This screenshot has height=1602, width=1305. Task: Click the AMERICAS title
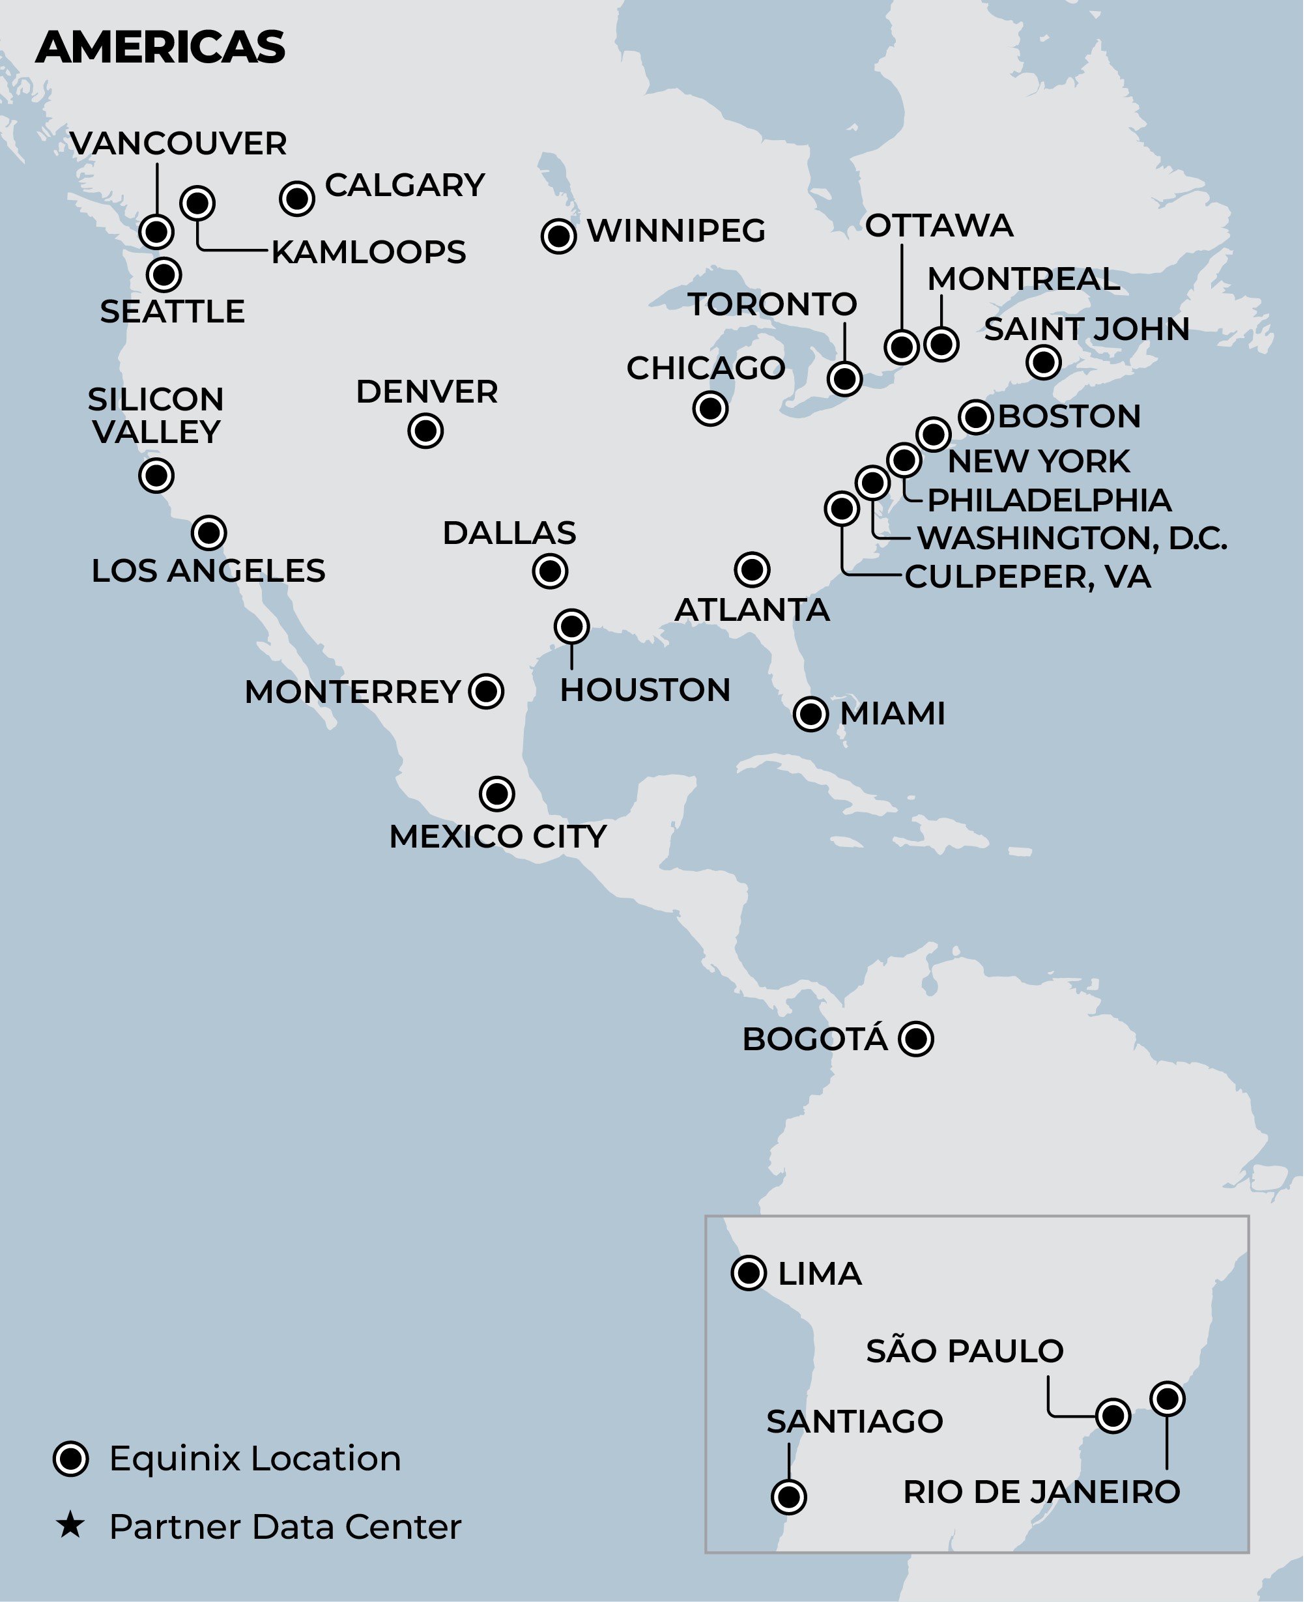[160, 48]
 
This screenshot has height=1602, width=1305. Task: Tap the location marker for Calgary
[297, 199]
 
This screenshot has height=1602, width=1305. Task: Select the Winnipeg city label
[676, 231]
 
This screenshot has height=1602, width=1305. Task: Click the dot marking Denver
[425, 431]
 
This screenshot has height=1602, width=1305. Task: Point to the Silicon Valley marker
[156, 475]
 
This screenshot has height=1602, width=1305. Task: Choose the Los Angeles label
[208, 571]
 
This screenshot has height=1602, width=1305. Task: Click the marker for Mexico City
[497, 793]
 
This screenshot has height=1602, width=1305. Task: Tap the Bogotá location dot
[915, 1039]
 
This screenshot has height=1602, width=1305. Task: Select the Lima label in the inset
[820, 1274]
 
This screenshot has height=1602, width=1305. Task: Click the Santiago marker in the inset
[788, 1496]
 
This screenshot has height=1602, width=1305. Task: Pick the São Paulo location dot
[1113, 1416]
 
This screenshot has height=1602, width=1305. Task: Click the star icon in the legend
[70, 1525]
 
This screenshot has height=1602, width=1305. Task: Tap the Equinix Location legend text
[255, 1459]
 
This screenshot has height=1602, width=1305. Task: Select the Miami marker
[810, 713]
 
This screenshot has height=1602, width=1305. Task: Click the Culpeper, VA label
[1027, 577]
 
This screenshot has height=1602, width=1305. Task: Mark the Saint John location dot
[1043, 362]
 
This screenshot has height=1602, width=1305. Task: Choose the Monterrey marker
[485, 691]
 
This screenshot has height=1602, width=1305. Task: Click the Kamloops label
[368, 252]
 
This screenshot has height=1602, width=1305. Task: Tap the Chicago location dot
[710, 408]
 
